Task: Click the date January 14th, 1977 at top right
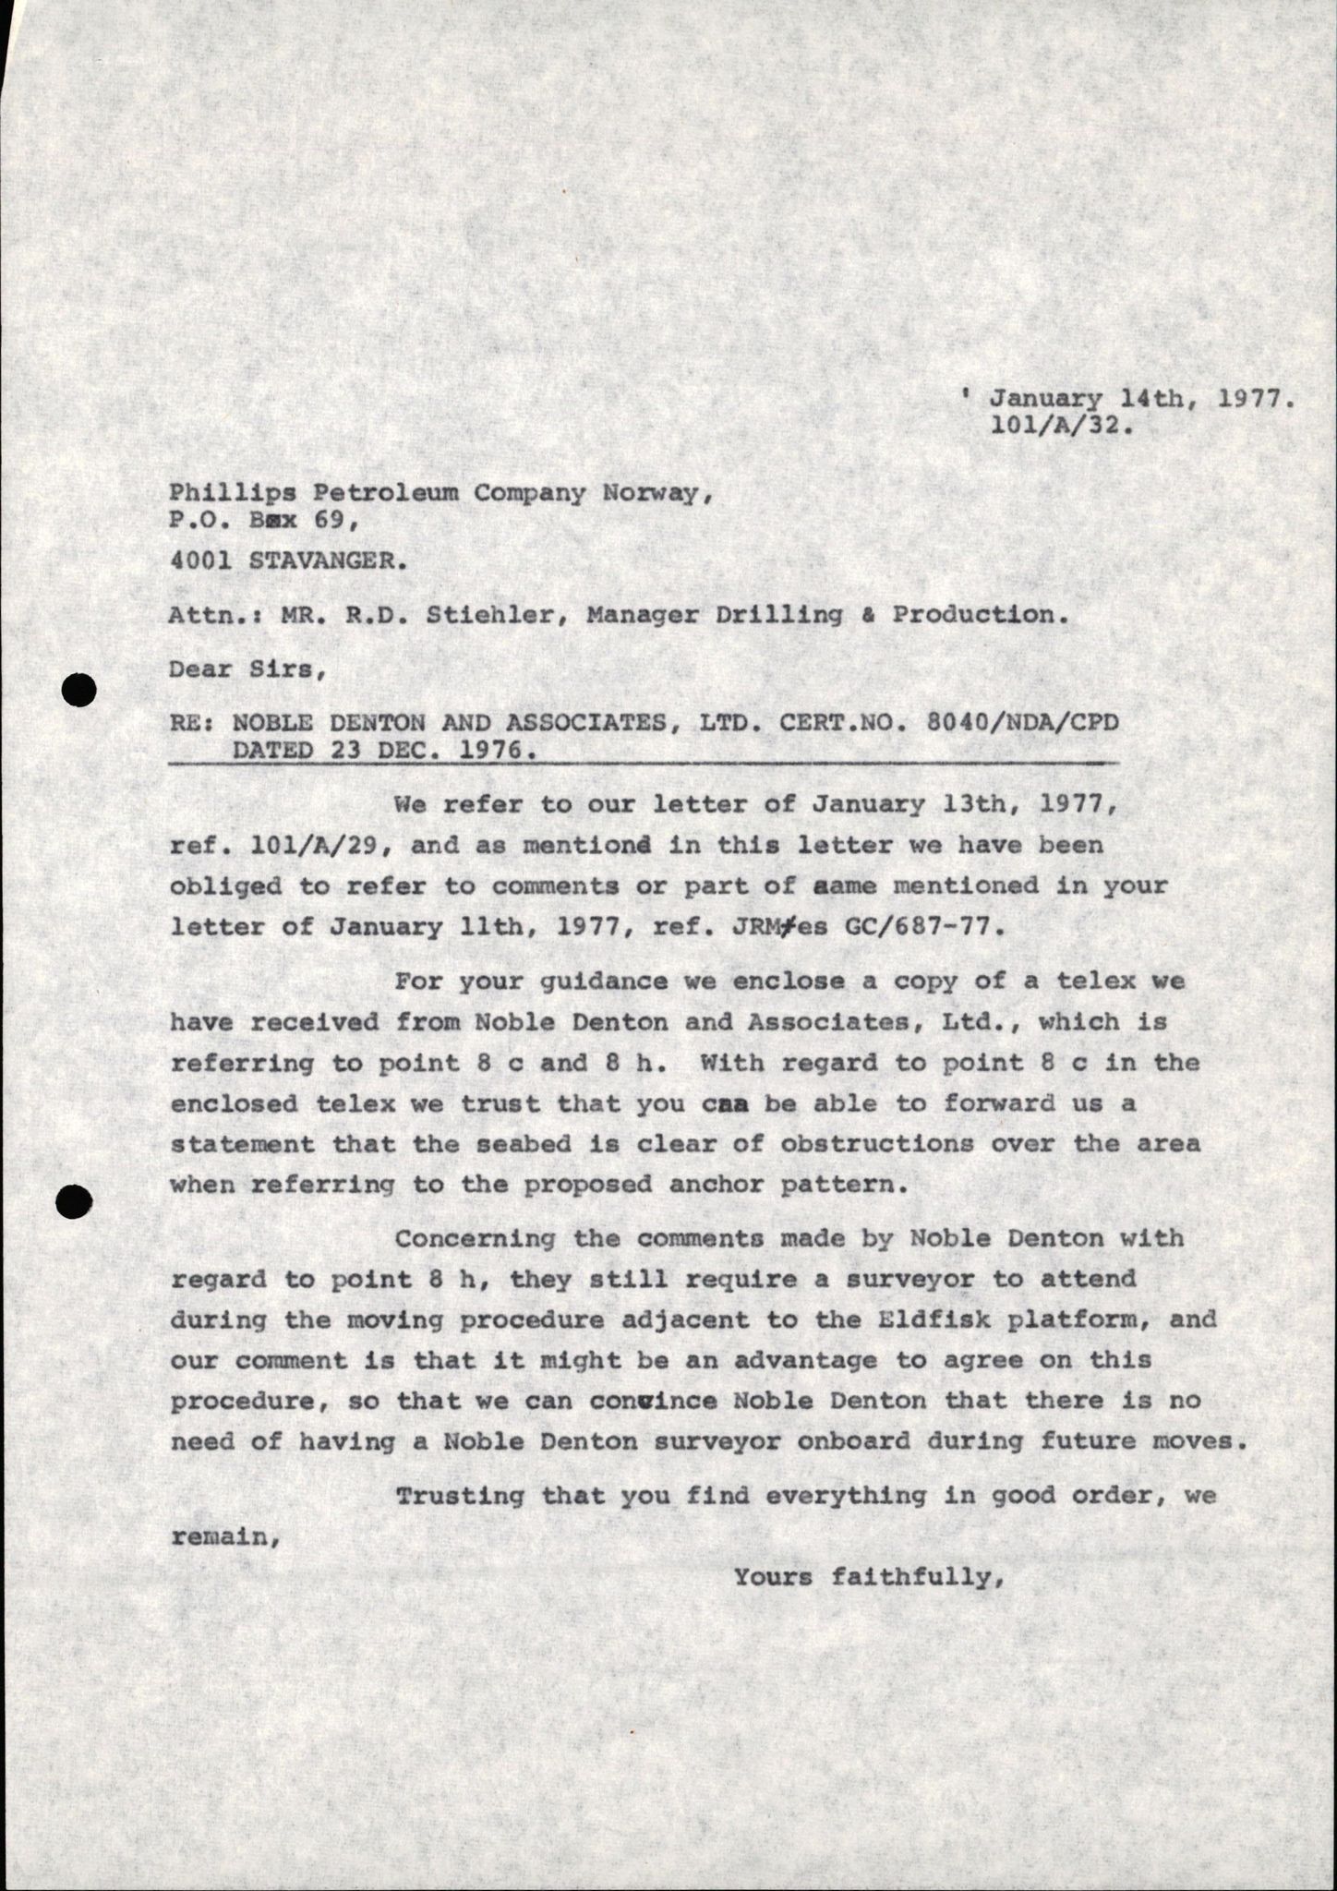pos(1139,400)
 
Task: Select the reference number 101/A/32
pos(1059,428)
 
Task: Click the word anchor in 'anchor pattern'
pos(717,1185)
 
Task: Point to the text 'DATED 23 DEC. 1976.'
pos(383,751)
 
